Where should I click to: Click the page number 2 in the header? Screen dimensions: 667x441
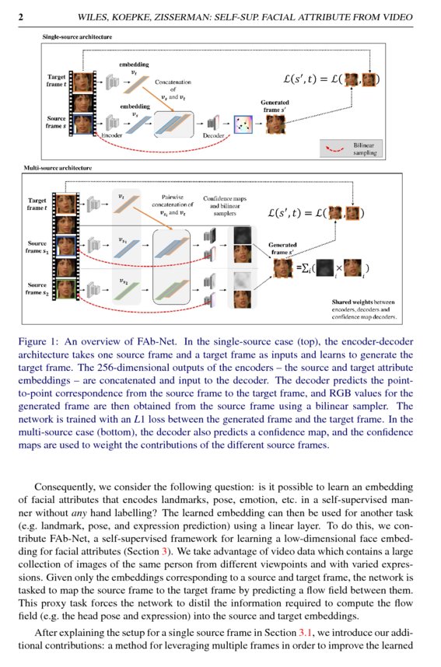click(x=20, y=17)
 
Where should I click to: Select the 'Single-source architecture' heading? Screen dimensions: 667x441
click(x=75, y=37)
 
